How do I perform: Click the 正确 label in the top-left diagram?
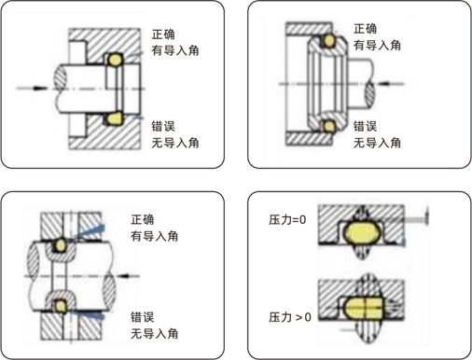(164, 35)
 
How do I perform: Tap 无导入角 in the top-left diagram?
(174, 143)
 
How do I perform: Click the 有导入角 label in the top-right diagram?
(379, 45)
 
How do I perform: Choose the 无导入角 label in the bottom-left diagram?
(155, 333)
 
